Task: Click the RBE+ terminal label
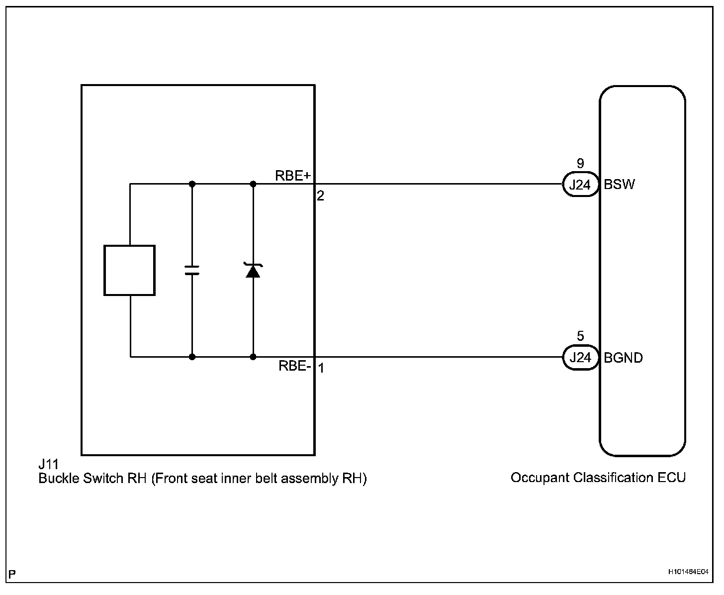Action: click(293, 176)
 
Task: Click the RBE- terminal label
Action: click(295, 366)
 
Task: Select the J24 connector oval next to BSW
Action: click(580, 185)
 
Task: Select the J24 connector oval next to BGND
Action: click(580, 358)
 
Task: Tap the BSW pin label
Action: click(619, 185)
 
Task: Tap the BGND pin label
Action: click(623, 358)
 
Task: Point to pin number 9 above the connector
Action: click(580, 163)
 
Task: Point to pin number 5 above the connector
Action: click(580, 336)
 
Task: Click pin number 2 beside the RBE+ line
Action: click(321, 196)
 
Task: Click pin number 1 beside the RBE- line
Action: click(321, 369)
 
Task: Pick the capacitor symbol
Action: click(192, 270)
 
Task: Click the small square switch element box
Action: click(129, 270)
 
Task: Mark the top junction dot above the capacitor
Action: click(192, 184)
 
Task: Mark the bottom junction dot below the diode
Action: click(253, 357)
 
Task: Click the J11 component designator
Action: click(48, 465)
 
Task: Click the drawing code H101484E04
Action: click(688, 572)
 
